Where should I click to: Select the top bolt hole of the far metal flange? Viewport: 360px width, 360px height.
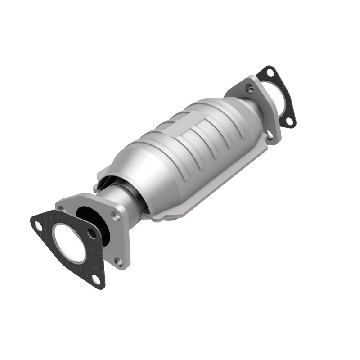[251, 89]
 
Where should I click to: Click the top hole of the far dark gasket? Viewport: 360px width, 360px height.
[269, 72]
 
